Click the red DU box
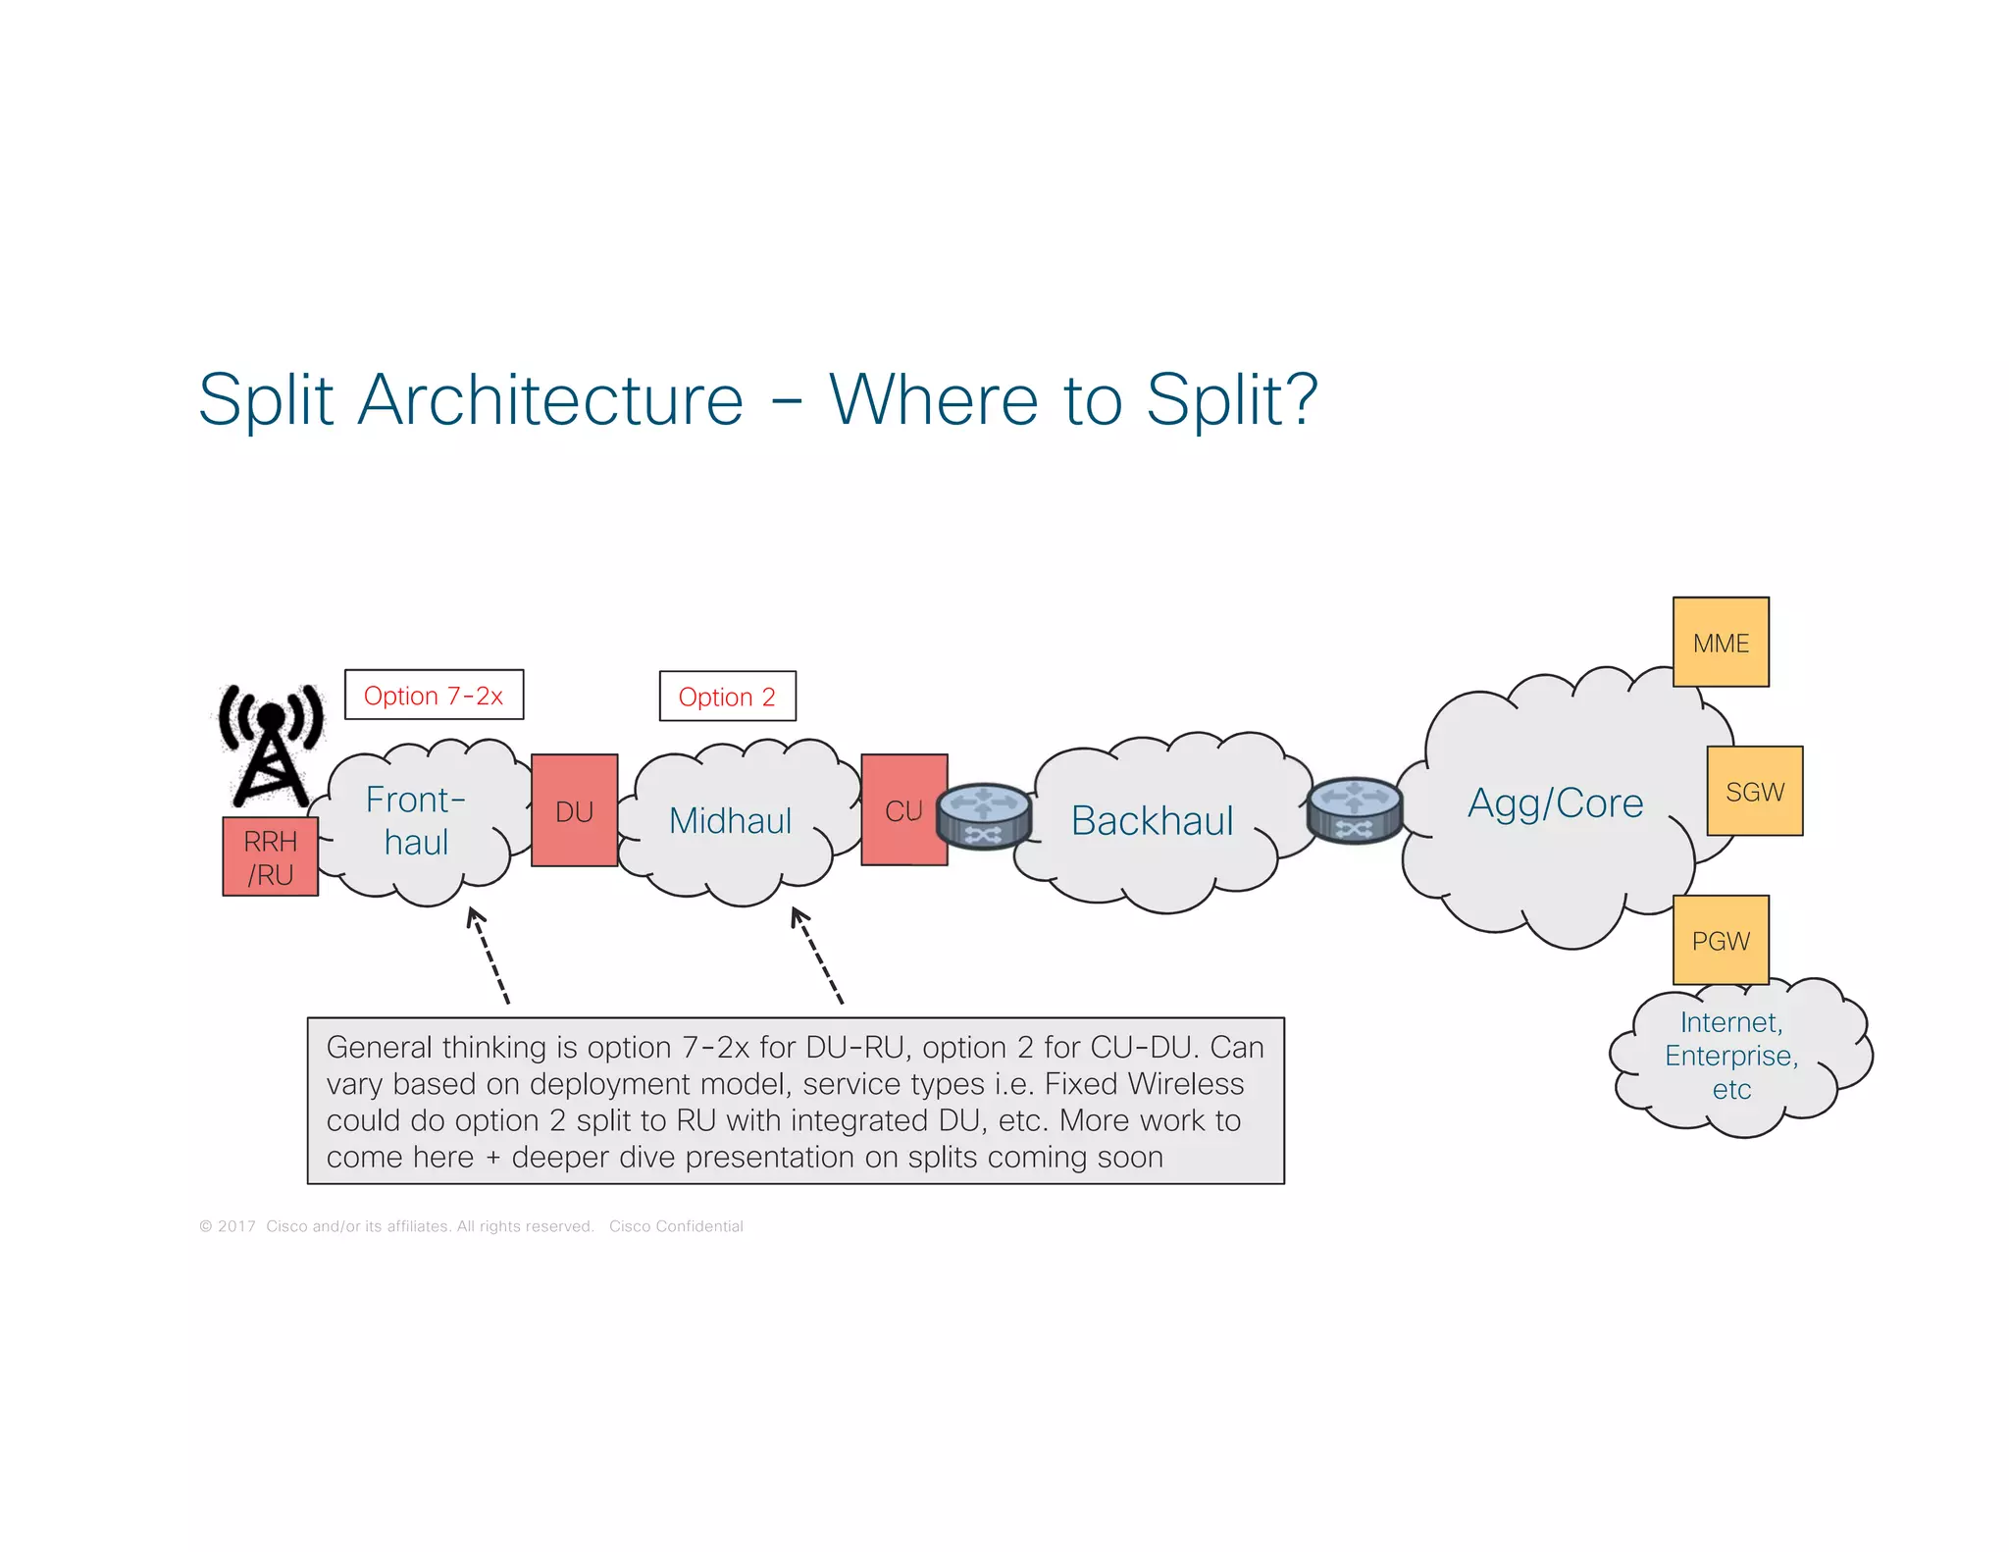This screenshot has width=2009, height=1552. (574, 810)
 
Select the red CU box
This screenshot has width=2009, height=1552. (903, 810)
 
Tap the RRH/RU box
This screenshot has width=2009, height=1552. (270, 856)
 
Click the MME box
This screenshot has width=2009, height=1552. (1721, 643)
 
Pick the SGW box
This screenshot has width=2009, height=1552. (1754, 791)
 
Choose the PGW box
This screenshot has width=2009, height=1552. (1721, 940)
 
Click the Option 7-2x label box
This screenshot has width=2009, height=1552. (434, 696)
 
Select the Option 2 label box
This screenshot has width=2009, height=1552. (727, 697)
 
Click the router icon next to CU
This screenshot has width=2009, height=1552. (983, 815)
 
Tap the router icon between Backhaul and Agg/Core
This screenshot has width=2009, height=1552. (1355, 810)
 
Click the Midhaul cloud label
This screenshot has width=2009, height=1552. (730, 821)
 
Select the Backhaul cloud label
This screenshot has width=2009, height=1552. (1152, 821)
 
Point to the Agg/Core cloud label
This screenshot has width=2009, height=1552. (1555, 803)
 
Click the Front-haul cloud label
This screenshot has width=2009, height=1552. (416, 821)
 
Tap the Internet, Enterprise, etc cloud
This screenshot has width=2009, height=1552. (1731, 1057)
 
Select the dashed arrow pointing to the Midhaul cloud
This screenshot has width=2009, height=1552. (817, 957)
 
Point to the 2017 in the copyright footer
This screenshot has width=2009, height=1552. (236, 1226)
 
